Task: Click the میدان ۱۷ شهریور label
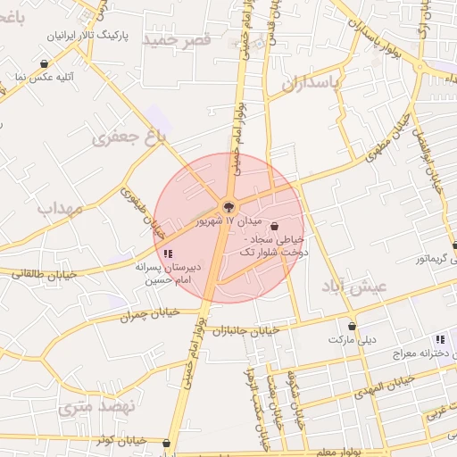[209, 220]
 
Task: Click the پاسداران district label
[312, 85]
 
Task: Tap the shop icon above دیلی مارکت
[353, 327]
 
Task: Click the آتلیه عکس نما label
[43, 78]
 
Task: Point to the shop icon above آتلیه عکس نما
[45, 63]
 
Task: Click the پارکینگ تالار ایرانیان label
[87, 37]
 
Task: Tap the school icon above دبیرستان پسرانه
[169, 253]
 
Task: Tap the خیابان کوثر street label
[121, 440]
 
